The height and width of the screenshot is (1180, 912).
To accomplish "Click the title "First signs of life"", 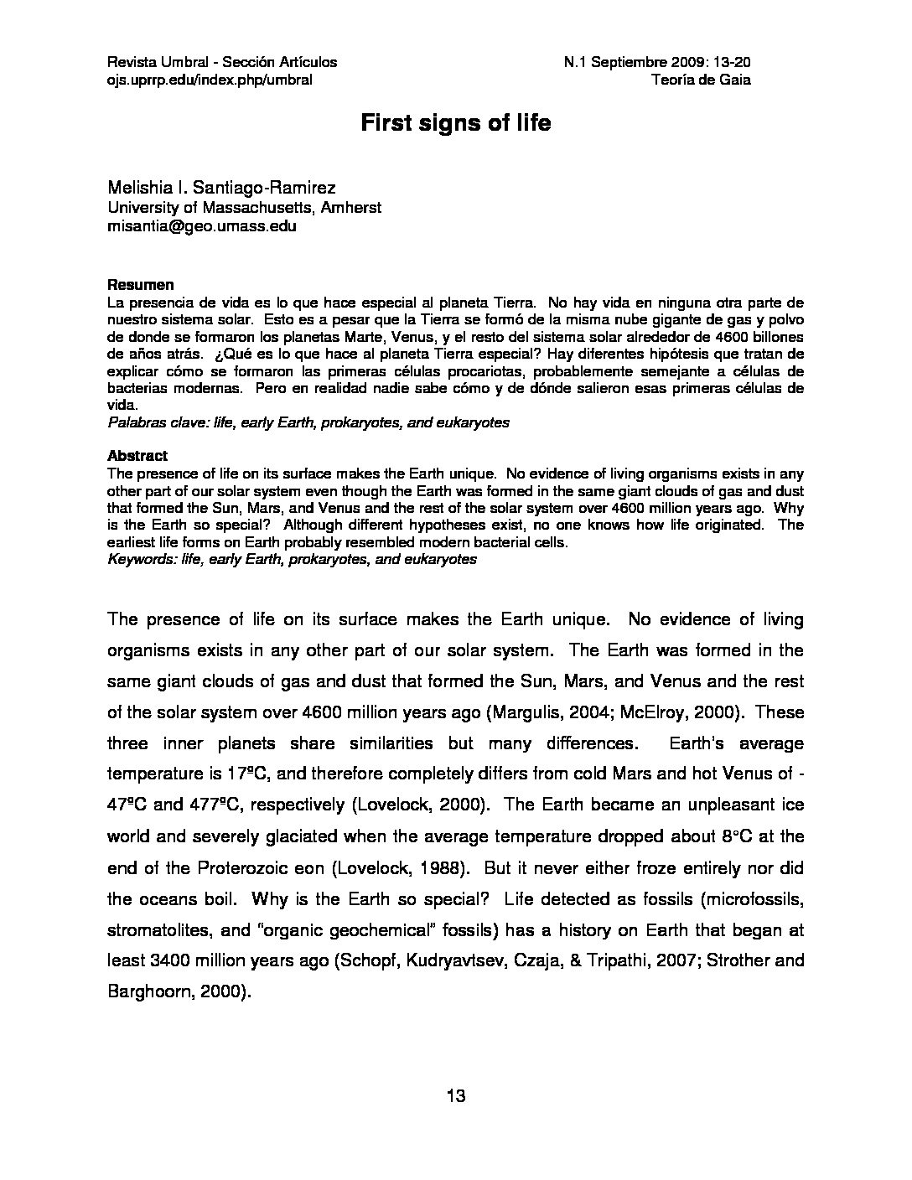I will pyautogui.click(x=455, y=123).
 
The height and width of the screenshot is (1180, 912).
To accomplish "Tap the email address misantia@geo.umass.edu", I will pyautogui.click(x=201, y=226).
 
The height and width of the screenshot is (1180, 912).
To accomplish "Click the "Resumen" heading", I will pyautogui.click(x=140, y=285).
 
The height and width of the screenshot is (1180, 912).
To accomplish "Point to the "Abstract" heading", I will pyautogui.click(x=137, y=456).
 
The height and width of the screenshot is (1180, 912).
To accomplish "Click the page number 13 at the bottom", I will pyautogui.click(x=456, y=1096).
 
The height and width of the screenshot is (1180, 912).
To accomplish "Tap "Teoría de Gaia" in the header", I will pyautogui.click(x=700, y=80).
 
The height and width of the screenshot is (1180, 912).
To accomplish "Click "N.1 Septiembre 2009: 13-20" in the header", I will pyautogui.click(x=657, y=62).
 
